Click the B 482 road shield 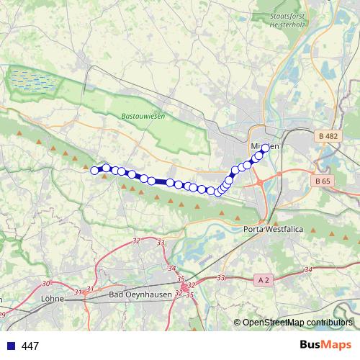point(327,136)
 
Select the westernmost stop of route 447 point(94,170)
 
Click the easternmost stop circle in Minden point(265,148)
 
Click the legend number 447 point(30,346)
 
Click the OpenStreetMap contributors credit point(297,323)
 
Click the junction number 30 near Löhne point(47,284)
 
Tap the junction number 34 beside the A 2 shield point(308,269)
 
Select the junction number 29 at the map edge point(2,315)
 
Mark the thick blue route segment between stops point(161,182)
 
